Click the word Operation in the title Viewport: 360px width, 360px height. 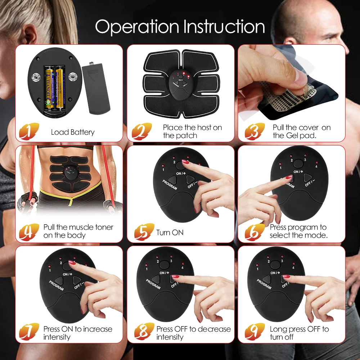[138, 27]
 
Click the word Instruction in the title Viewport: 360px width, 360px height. [224, 27]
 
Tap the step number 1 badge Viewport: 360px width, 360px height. [28, 131]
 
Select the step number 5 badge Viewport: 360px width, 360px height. [143, 232]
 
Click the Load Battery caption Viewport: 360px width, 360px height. [73, 132]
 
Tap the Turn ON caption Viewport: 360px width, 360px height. [170, 233]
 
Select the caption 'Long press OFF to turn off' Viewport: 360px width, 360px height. [299, 333]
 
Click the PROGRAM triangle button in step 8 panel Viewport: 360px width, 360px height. [156, 279]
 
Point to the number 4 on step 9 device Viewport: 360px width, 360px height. [293, 267]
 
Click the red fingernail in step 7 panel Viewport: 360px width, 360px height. [72, 263]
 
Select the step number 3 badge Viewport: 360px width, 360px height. [254, 131]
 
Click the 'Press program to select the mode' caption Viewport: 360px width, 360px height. [298, 231]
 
